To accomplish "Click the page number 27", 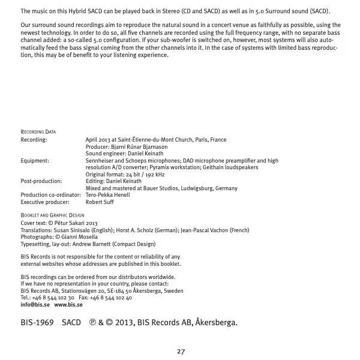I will (x=180, y=351).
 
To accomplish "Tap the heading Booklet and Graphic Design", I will (x=52, y=215).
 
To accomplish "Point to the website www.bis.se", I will (x=68, y=305).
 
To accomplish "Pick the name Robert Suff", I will (x=100, y=202).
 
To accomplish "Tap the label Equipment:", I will (x=35, y=161).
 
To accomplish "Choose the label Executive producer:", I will (x=45, y=202).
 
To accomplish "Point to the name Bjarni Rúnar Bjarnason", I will (x=139, y=146).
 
